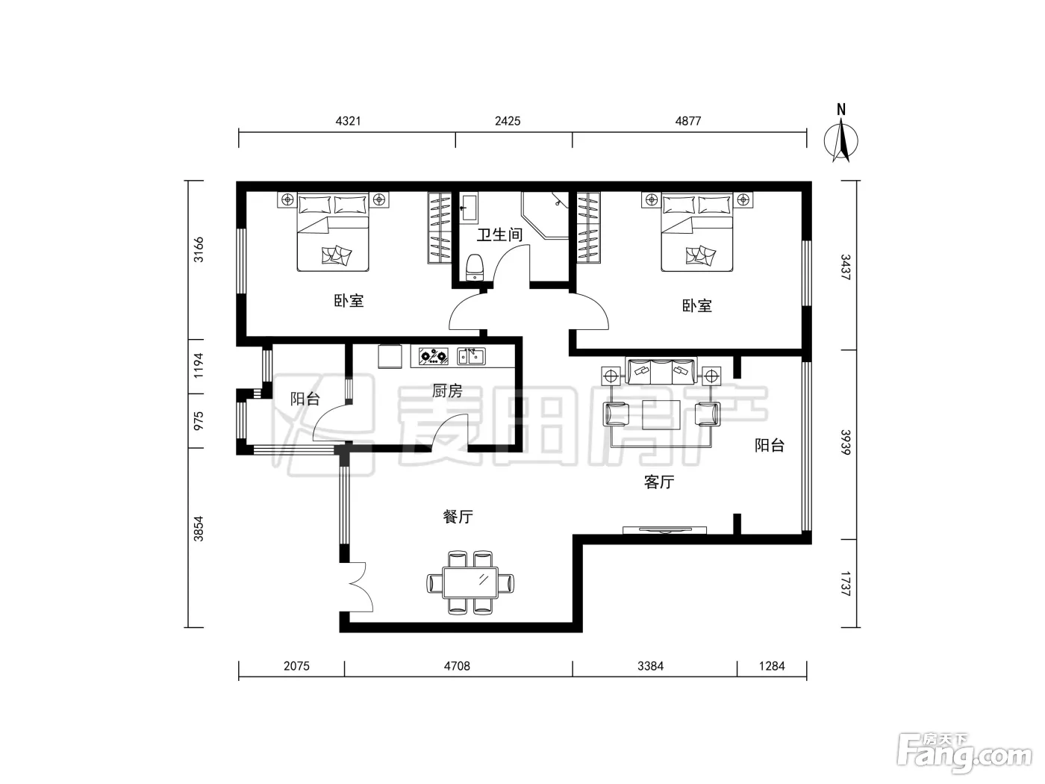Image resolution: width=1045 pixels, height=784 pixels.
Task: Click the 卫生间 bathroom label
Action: (x=499, y=234)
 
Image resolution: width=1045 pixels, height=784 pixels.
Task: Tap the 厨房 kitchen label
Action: (x=447, y=391)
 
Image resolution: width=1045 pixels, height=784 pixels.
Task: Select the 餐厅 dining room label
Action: (x=458, y=517)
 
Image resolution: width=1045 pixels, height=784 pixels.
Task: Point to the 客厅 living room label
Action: (x=659, y=482)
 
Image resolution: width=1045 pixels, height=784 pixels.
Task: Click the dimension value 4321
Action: (x=348, y=121)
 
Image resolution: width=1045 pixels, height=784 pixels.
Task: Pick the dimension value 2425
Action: (x=508, y=121)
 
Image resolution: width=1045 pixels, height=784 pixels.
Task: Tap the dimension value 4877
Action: (x=688, y=121)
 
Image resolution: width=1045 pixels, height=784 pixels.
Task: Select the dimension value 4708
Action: (x=457, y=666)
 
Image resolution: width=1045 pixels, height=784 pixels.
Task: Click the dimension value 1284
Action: (x=772, y=666)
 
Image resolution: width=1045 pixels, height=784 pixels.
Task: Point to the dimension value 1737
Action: (x=845, y=584)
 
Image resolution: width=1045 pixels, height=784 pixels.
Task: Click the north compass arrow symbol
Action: (x=841, y=141)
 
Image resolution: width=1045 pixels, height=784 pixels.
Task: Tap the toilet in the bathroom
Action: (x=475, y=267)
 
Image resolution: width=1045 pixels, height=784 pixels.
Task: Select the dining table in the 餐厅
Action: (x=470, y=582)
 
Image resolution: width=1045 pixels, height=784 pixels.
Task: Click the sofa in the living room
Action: (x=661, y=371)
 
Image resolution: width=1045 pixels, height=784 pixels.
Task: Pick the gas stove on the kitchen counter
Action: (x=433, y=356)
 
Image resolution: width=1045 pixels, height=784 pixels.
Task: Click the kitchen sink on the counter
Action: (x=471, y=356)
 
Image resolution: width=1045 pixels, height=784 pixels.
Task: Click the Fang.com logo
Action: (x=965, y=752)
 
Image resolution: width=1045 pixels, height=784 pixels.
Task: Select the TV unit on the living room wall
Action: (x=664, y=530)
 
